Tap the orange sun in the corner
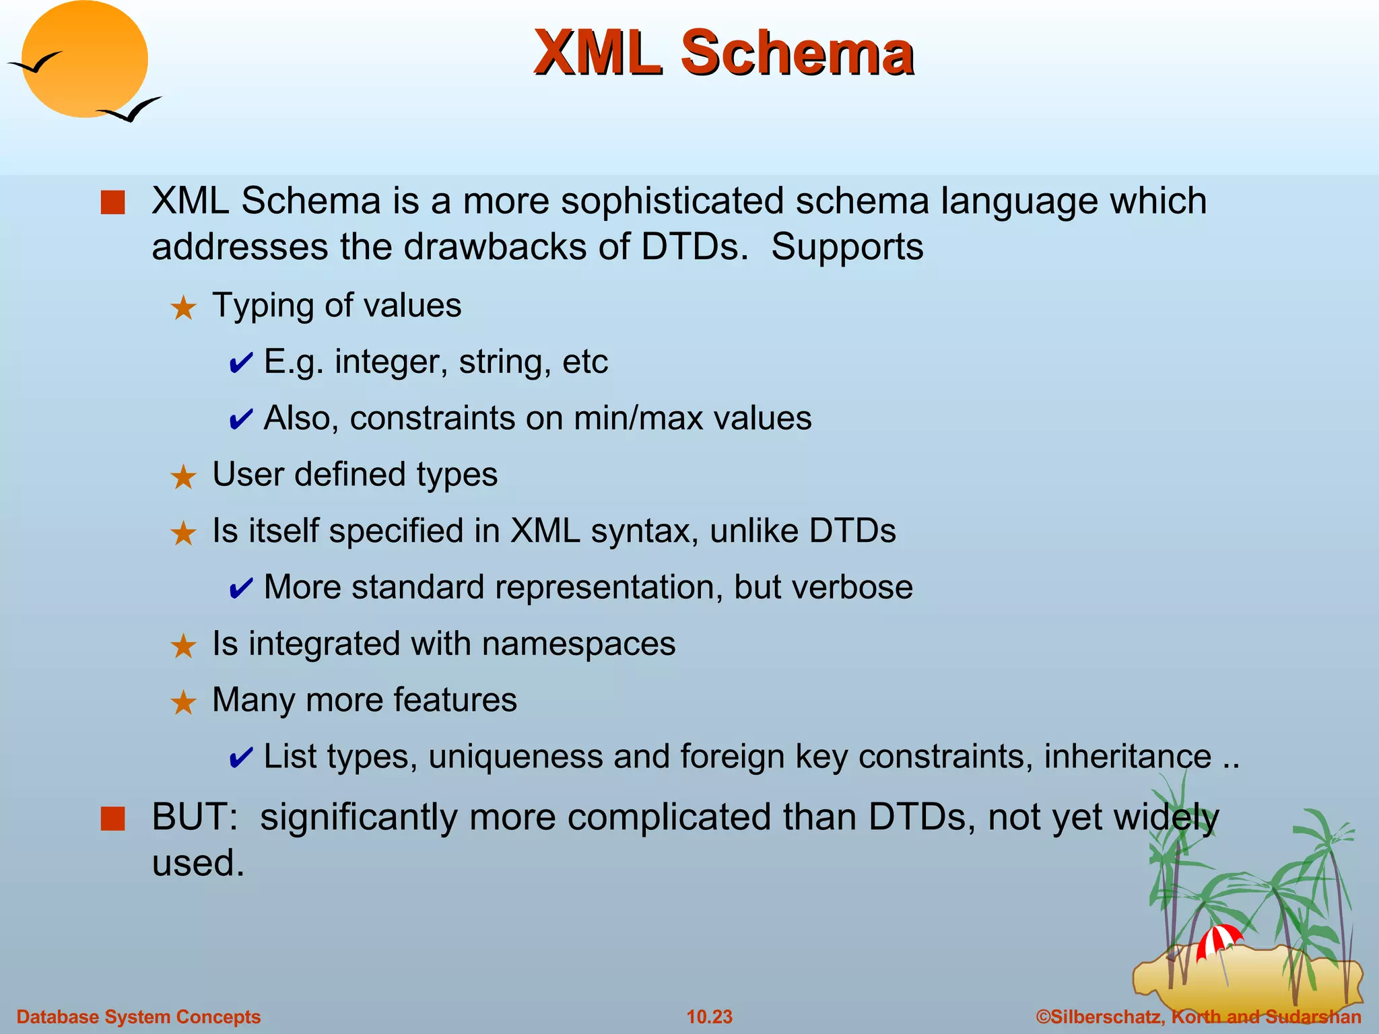(84, 59)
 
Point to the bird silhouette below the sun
(129, 109)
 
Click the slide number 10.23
(709, 1016)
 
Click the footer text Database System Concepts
(138, 1016)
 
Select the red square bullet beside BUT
(112, 819)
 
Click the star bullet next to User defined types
(182, 477)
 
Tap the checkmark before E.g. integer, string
(240, 364)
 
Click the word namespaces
(578, 644)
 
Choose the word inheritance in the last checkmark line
(1127, 756)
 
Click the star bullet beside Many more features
(182, 703)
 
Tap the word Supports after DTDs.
(847, 246)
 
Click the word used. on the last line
(197, 863)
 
